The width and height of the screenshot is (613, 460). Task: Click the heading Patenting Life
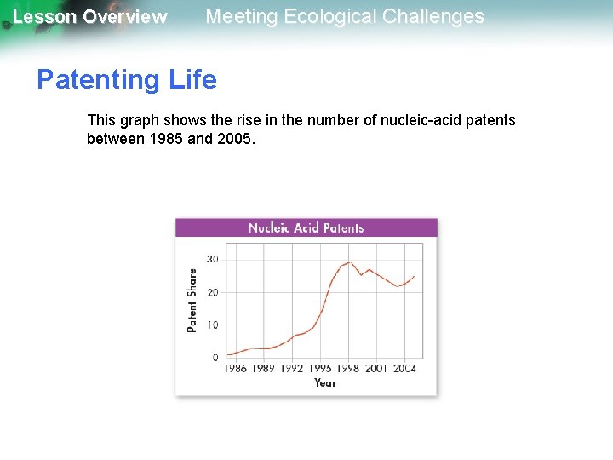tap(126, 80)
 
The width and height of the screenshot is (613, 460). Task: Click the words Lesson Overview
tap(89, 17)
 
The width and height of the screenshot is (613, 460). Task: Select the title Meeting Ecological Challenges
tap(345, 16)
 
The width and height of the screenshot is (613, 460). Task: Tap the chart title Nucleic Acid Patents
tap(306, 227)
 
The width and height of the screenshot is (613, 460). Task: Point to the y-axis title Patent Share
tap(192, 300)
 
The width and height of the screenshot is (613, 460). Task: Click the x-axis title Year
tap(325, 383)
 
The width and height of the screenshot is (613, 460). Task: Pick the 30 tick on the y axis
tap(212, 260)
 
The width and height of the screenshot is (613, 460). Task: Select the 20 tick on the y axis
tap(212, 292)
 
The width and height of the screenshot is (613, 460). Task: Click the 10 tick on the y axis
tap(212, 325)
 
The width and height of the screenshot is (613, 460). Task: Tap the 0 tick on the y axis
tap(215, 357)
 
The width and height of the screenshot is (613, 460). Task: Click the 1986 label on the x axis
tap(235, 369)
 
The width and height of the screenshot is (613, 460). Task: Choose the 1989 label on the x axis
tap(263, 369)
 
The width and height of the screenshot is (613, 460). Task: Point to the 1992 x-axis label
tap(292, 369)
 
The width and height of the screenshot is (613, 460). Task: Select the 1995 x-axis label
tap(320, 369)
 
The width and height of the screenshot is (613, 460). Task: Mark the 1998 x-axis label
tap(348, 369)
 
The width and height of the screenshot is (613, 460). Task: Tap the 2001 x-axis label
tap(376, 369)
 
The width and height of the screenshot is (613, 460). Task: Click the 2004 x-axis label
tap(404, 369)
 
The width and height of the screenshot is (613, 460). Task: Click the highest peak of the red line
tap(350, 262)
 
